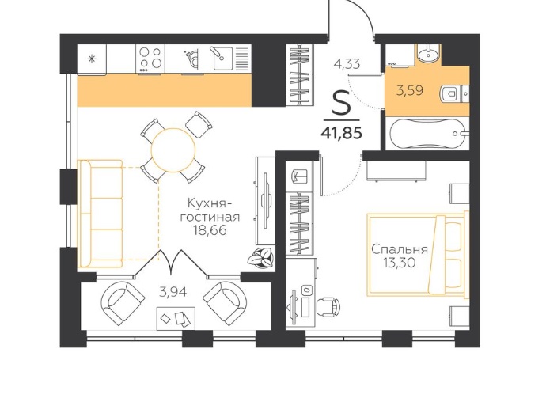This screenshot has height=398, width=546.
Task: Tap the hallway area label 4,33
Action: (x=347, y=64)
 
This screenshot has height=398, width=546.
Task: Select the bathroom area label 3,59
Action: (x=410, y=90)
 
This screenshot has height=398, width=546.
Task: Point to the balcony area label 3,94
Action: (x=173, y=292)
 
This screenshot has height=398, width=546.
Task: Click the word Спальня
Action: (x=400, y=249)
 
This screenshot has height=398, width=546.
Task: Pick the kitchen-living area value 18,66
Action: (x=210, y=229)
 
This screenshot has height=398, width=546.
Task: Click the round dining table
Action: (x=173, y=150)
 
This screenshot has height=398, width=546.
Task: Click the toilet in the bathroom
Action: (x=452, y=93)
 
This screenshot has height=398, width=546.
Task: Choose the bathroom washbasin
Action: (x=427, y=54)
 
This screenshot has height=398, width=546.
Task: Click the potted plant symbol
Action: (x=261, y=259)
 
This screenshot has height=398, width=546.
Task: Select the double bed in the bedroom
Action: (x=417, y=254)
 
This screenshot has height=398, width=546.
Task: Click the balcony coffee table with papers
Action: (x=176, y=318)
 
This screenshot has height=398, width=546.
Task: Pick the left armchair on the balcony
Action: (x=123, y=303)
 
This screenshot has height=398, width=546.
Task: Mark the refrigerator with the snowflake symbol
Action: (x=92, y=59)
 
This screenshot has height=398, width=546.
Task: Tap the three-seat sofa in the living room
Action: (x=101, y=214)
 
